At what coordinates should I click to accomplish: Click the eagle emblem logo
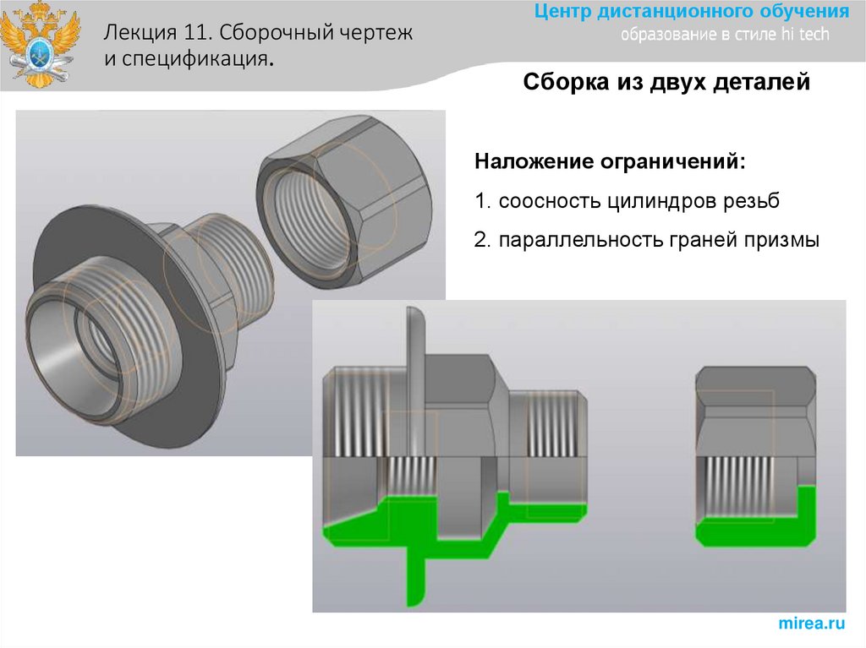point(40,44)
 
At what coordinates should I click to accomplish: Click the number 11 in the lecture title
point(195,33)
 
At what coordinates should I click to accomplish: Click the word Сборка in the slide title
point(562,82)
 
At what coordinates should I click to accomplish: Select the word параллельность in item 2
point(580,240)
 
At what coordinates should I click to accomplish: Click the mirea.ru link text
point(811,623)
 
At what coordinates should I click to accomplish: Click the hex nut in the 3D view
point(343,201)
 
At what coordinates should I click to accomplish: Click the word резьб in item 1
point(751,201)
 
